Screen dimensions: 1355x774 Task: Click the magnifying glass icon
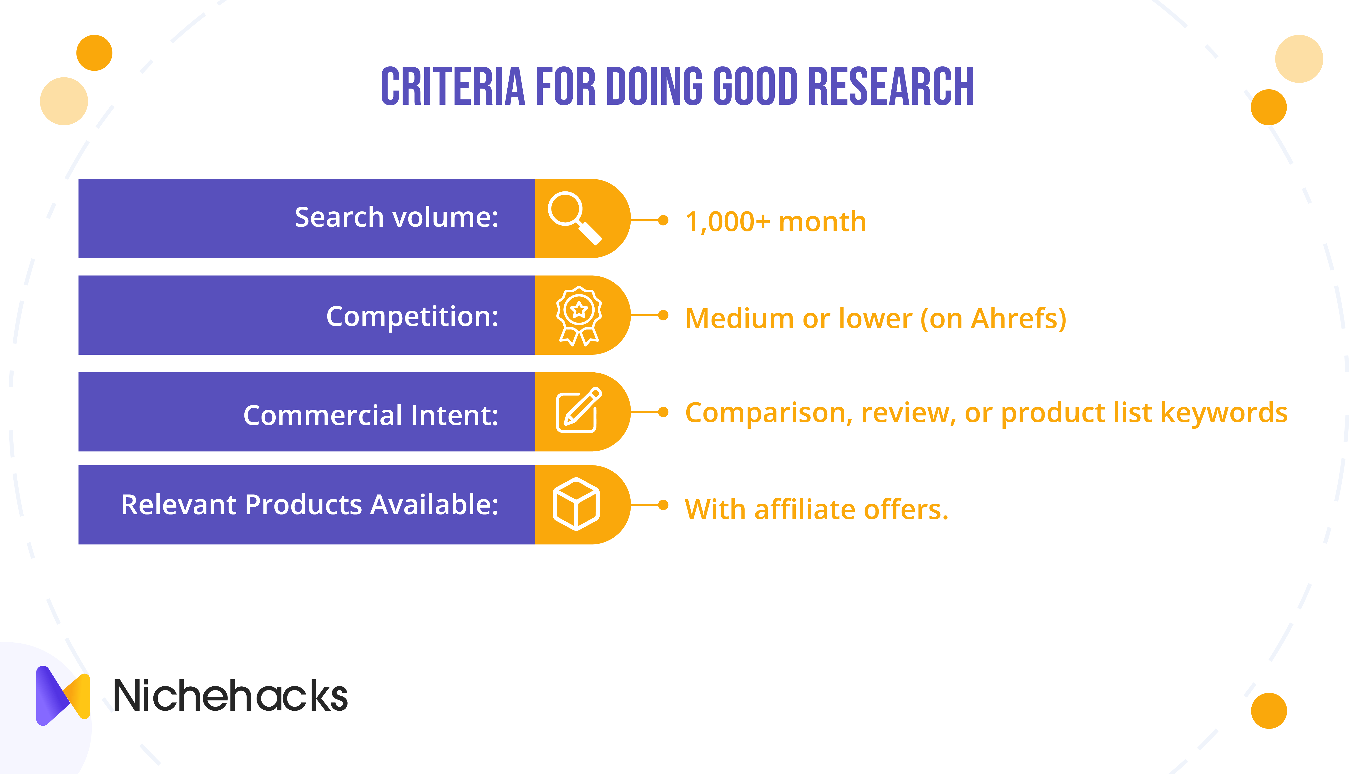[x=574, y=218]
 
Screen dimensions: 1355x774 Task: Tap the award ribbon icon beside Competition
[x=579, y=316]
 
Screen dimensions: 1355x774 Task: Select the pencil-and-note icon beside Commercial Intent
[x=578, y=410]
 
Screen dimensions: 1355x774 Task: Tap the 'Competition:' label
[x=413, y=317]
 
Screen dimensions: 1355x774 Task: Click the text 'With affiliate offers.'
[x=817, y=509]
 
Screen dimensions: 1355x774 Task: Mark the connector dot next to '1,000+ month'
[x=663, y=220]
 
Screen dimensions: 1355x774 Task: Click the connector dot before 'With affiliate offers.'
[x=663, y=505]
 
